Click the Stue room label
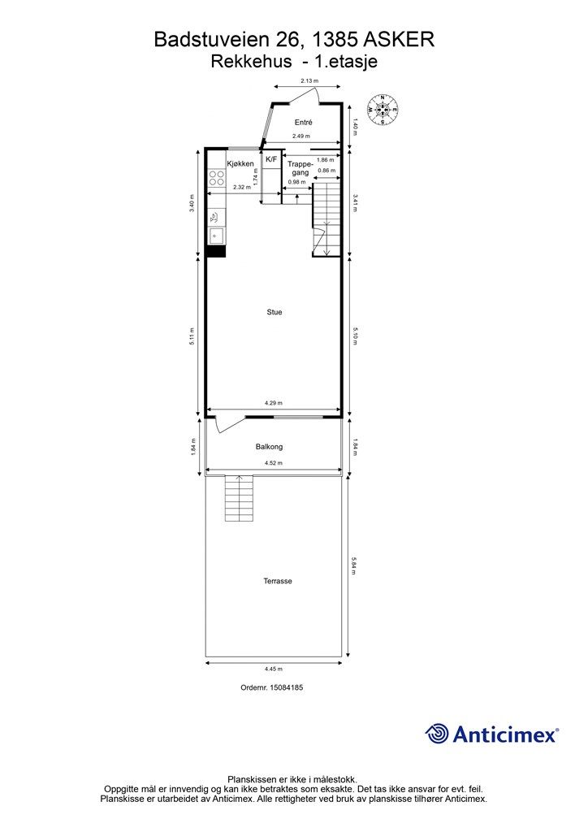[x=275, y=312]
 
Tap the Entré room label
[x=303, y=122]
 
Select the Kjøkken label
[x=240, y=163]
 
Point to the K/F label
[x=271, y=159]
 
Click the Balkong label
[x=269, y=447]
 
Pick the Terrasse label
[x=278, y=581]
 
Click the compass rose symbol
[x=383, y=110]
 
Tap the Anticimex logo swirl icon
[x=437, y=734]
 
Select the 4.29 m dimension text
[x=274, y=403]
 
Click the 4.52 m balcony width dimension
[x=274, y=463]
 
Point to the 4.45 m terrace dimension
[x=274, y=669]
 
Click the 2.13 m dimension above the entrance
[x=309, y=80]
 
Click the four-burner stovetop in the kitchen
[x=216, y=177]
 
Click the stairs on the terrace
[x=239, y=498]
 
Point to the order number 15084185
[x=271, y=687]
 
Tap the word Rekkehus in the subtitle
[x=251, y=62]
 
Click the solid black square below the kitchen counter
[x=216, y=251]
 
